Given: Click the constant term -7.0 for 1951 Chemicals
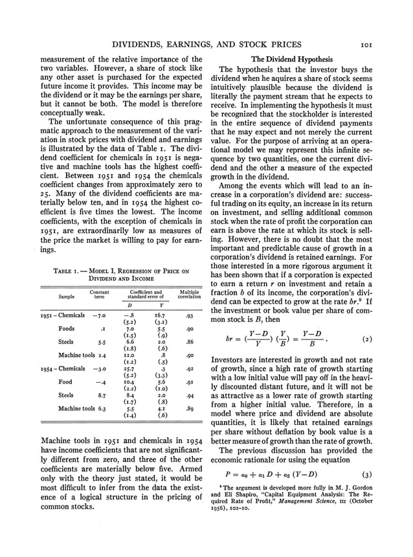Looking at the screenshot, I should point(98,315).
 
